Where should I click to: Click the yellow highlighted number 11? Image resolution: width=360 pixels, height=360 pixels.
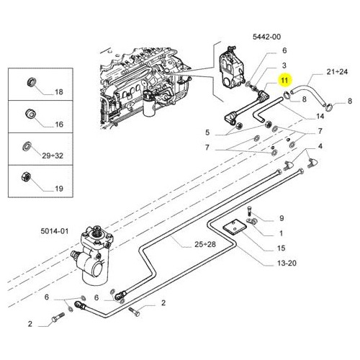pyautogui.click(x=284, y=80)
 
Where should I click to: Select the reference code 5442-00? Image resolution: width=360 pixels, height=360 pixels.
pyautogui.click(x=266, y=37)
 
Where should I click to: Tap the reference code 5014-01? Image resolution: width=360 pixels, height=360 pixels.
pyautogui.click(x=55, y=231)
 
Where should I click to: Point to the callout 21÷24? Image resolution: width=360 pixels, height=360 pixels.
pyautogui.click(x=337, y=71)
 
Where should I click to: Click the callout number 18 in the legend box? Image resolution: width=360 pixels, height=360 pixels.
pyautogui.click(x=59, y=91)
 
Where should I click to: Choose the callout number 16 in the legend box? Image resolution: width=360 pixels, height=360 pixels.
pyautogui.click(x=59, y=125)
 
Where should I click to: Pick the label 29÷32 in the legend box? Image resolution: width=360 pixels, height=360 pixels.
pyautogui.click(x=53, y=156)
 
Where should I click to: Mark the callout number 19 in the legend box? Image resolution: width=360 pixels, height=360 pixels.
pyautogui.click(x=59, y=189)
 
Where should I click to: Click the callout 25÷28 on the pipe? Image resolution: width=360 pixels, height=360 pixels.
pyautogui.click(x=205, y=244)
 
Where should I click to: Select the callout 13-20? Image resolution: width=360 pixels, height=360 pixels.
pyautogui.click(x=287, y=263)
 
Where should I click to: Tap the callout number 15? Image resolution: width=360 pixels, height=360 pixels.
pyautogui.click(x=281, y=248)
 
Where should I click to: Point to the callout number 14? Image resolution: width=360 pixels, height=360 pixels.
pyautogui.click(x=320, y=116)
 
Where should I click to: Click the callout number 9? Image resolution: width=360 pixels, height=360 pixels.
pyautogui.click(x=282, y=218)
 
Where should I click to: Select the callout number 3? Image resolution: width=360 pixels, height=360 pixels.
pyautogui.click(x=284, y=66)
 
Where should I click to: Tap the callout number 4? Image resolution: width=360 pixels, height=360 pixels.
pyautogui.click(x=320, y=146)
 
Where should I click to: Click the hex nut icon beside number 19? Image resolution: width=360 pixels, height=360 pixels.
pyautogui.click(x=26, y=177)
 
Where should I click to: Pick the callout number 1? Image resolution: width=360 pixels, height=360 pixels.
pyautogui.click(x=281, y=233)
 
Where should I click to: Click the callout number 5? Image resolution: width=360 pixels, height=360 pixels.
pyautogui.click(x=207, y=132)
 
